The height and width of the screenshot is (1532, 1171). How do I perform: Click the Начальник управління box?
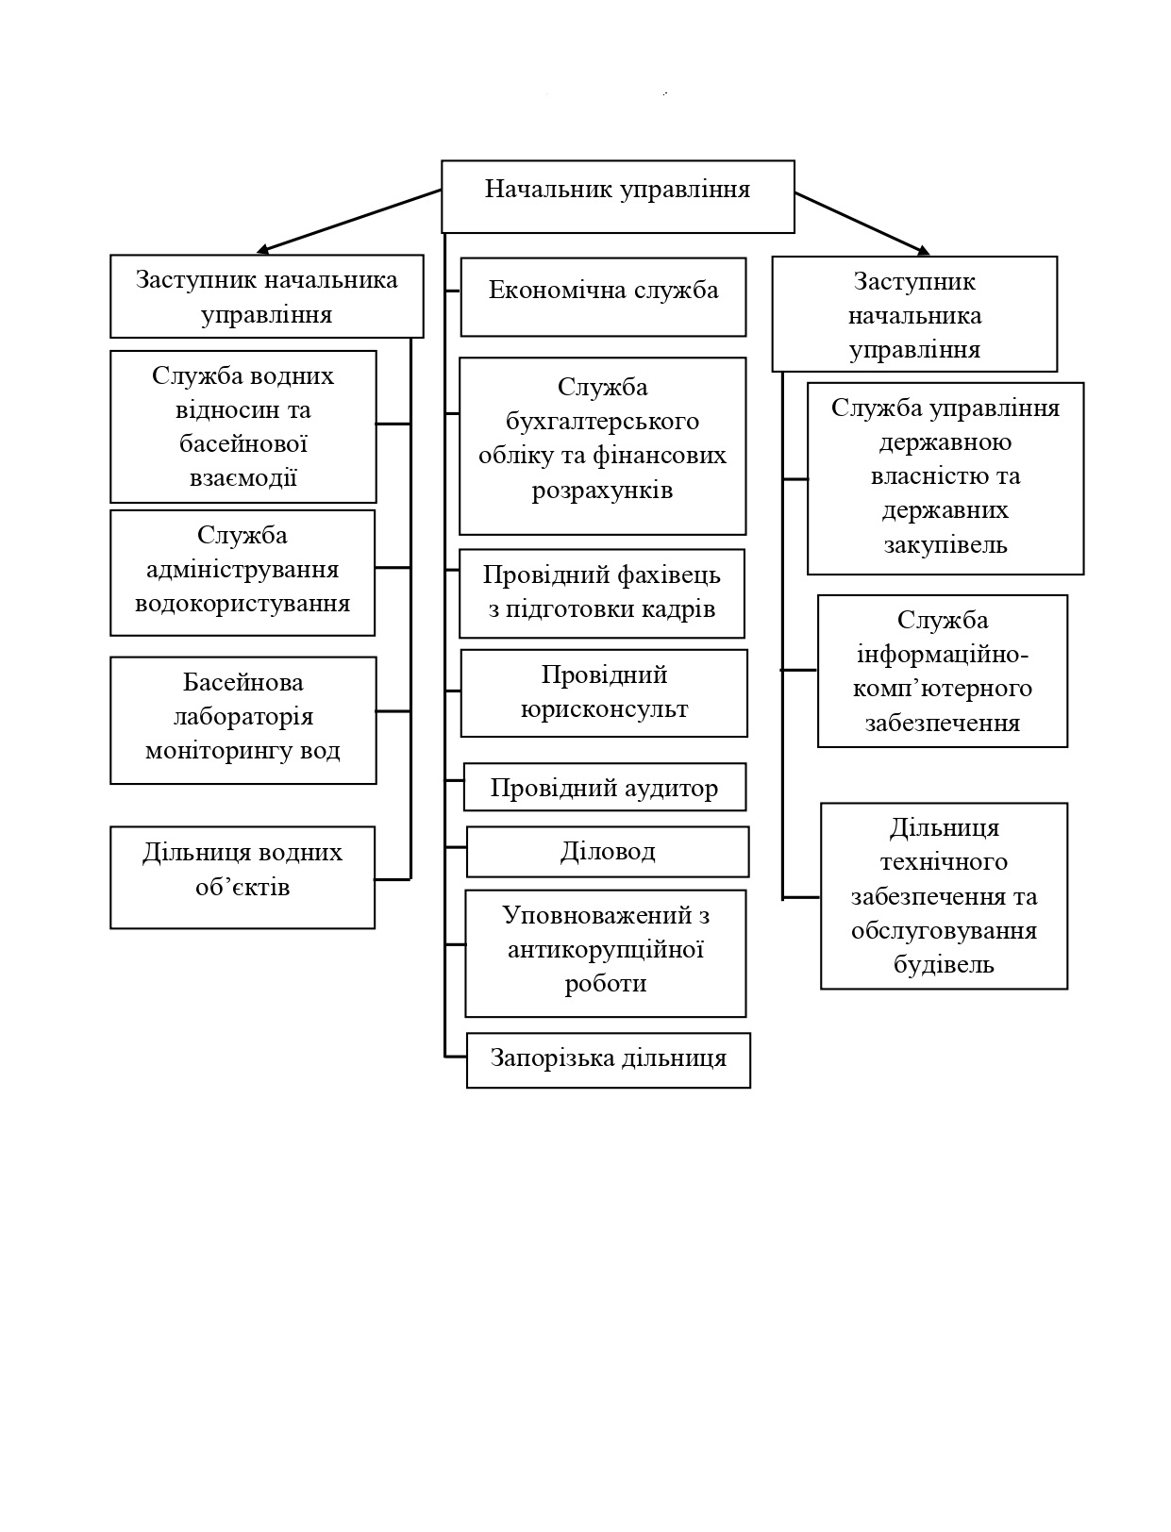(618, 196)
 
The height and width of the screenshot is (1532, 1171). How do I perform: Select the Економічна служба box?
(603, 296)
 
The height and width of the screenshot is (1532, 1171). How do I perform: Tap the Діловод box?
(607, 852)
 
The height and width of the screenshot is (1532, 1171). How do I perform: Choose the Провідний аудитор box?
(604, 787)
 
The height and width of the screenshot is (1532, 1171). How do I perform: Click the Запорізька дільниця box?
(608, 1060)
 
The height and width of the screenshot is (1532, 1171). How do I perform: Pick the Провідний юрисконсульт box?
(604, 693)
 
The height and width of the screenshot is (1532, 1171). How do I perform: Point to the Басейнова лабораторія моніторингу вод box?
(243, 720)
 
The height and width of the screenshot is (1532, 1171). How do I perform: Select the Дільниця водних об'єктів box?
(243, 877)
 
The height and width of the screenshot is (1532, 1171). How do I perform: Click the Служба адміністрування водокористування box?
(243, 573)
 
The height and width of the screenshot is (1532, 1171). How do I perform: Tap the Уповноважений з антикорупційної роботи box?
(605, 953)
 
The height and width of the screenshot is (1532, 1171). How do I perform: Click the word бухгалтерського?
(602, 421)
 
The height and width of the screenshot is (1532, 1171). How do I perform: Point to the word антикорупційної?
(605, 949)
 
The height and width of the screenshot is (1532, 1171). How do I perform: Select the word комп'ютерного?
(942, 689)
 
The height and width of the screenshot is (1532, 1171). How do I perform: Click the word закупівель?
(945, 543)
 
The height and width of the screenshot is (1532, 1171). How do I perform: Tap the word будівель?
(944, 964)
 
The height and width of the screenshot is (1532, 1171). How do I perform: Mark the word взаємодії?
(243, 477)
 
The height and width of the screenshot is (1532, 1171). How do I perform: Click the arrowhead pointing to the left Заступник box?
(262, 249)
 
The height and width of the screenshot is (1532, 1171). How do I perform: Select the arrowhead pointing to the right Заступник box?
(923, 250)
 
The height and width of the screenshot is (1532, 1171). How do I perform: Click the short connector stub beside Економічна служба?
(452, 291)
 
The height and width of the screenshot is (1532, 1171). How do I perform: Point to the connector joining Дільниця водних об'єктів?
(393, 879)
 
